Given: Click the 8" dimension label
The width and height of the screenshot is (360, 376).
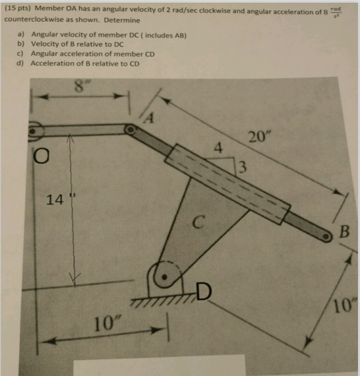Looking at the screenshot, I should [80, 85].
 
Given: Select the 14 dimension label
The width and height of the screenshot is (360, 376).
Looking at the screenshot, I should [57, 199].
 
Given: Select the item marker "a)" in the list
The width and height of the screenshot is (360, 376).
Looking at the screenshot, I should [20, 34].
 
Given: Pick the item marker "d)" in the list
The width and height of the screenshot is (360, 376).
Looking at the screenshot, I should [20, 63].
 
